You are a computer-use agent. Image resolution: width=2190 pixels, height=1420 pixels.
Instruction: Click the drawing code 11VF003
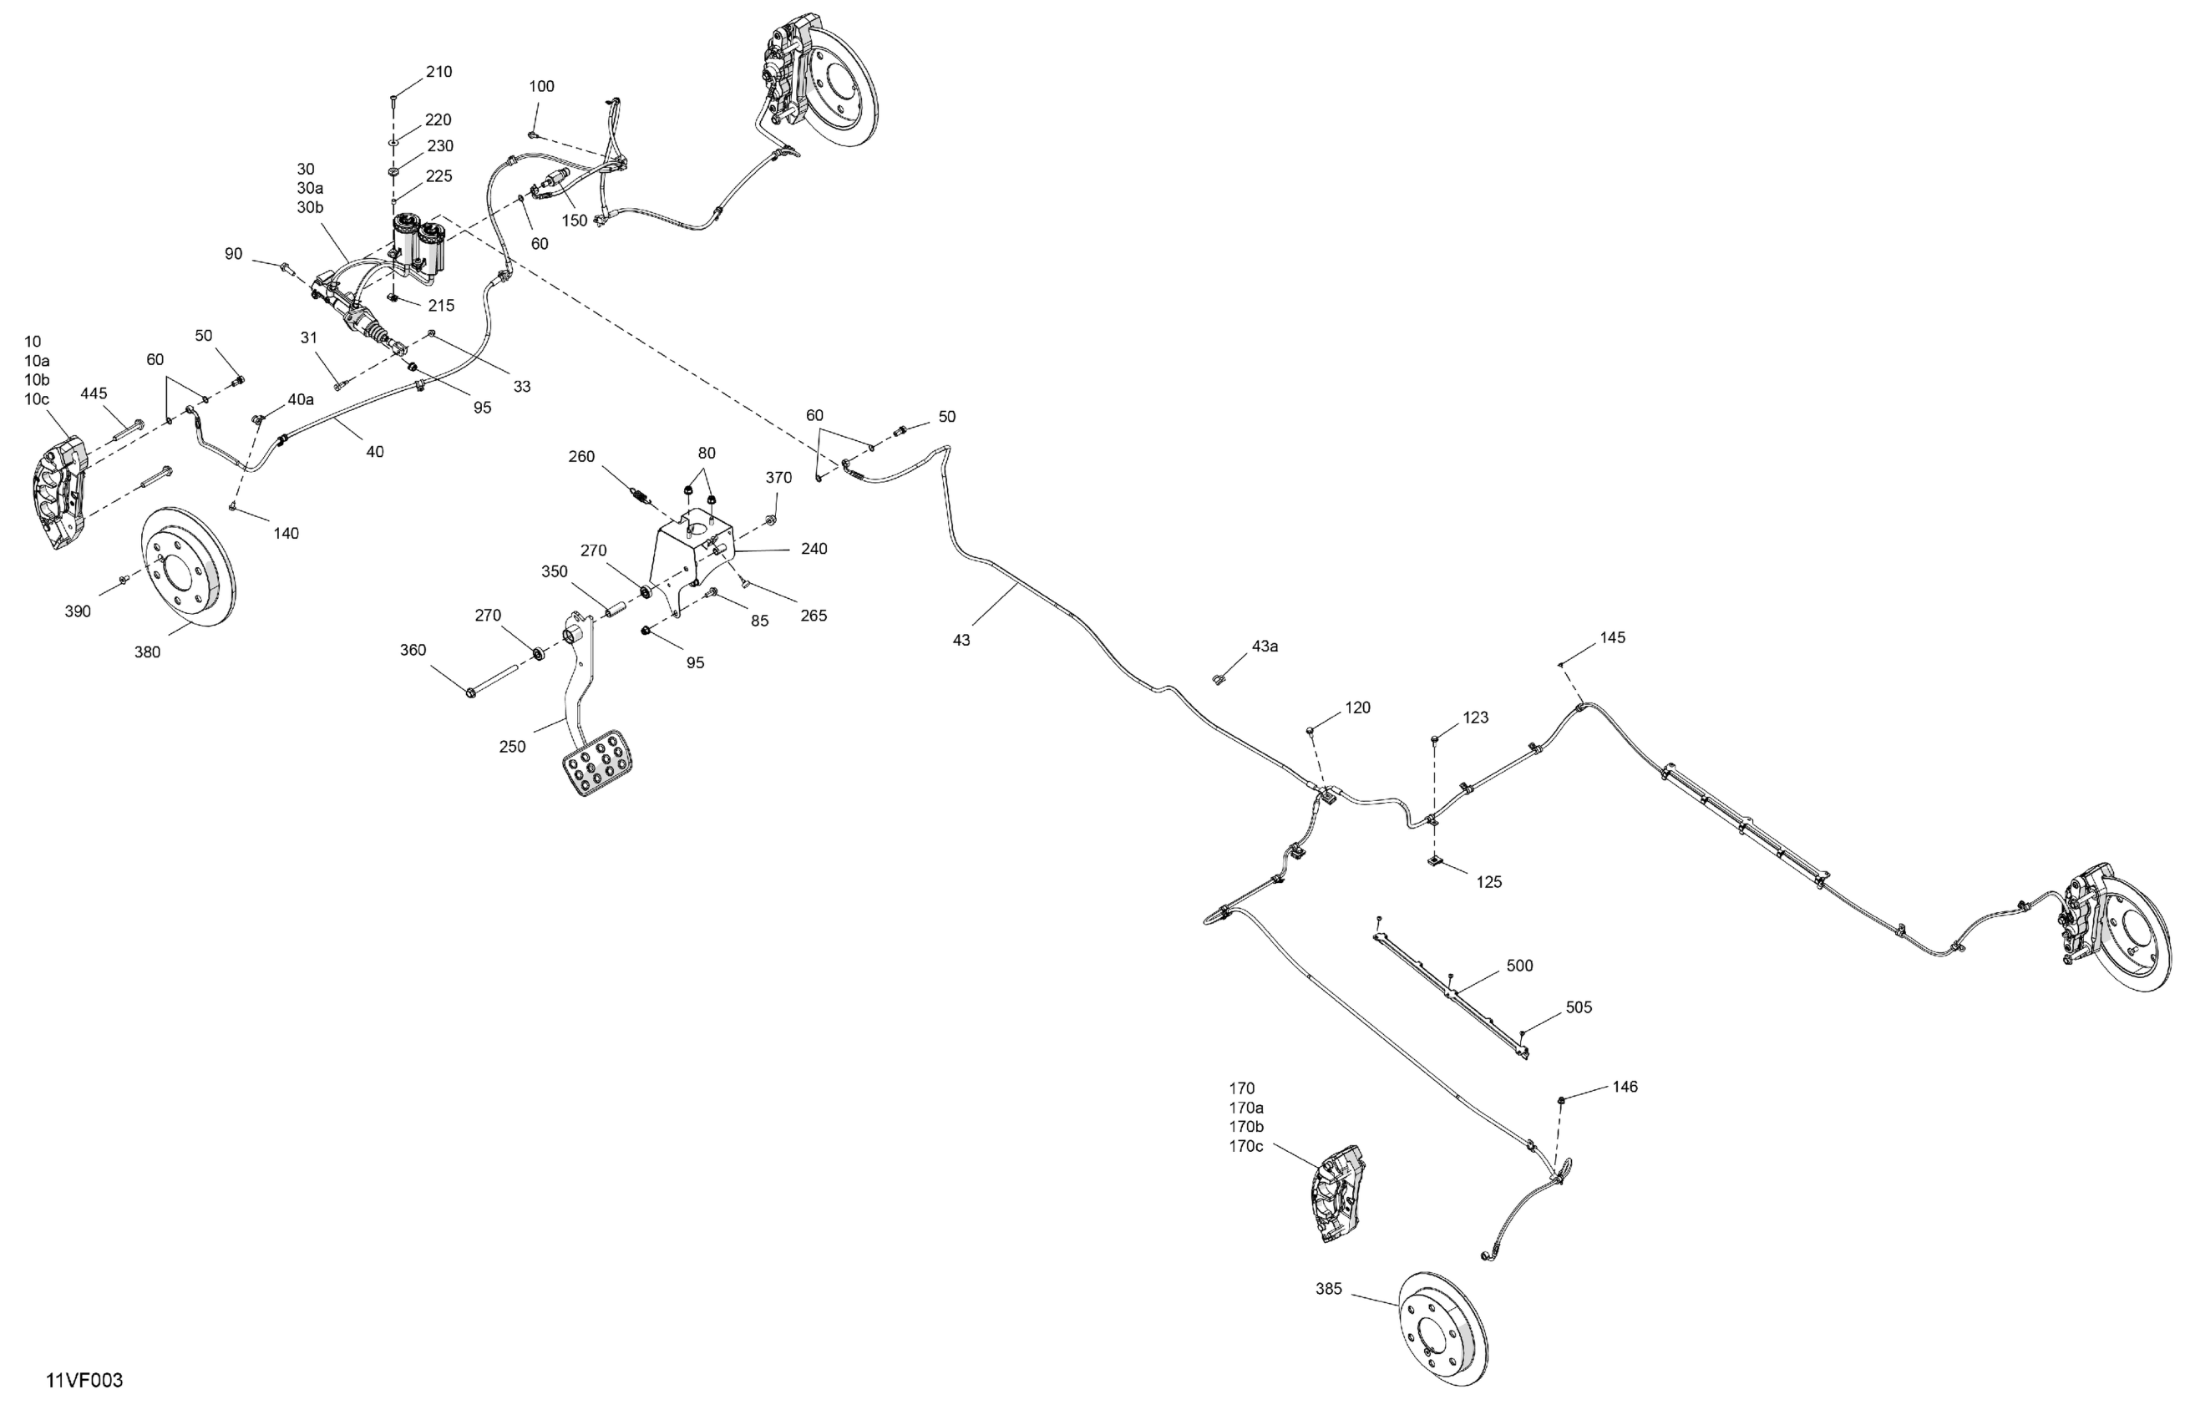coord(84,1381)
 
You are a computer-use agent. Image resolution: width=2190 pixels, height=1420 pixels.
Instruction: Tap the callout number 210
coord(439,72)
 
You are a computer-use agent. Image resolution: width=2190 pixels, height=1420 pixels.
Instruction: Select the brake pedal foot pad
coord(596,762)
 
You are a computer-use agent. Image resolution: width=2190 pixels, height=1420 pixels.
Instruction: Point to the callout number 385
coord(1329,1290)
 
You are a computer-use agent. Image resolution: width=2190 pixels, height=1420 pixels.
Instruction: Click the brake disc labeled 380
coord(188,566)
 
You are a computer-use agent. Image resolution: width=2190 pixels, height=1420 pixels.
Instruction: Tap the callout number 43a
coord(1265,646)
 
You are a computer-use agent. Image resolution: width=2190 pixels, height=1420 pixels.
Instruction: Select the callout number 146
coord(1625,1087)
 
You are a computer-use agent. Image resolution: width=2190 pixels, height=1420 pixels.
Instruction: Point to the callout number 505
coord(1578,1007)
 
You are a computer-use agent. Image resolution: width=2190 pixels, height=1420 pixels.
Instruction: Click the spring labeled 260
coord(641,498)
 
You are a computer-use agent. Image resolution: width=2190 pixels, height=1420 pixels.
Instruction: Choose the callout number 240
coord(814,549)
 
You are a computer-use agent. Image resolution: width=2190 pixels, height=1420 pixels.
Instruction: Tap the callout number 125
coord(1489,881)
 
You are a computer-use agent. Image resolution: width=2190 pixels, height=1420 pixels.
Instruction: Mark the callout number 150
coord(574,221)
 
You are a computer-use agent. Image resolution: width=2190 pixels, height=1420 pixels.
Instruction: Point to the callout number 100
coord(541,87)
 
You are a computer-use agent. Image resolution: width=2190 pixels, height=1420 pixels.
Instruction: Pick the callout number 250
coord(513,747)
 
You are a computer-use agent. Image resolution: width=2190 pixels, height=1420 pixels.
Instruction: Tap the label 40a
coord(301,399)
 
